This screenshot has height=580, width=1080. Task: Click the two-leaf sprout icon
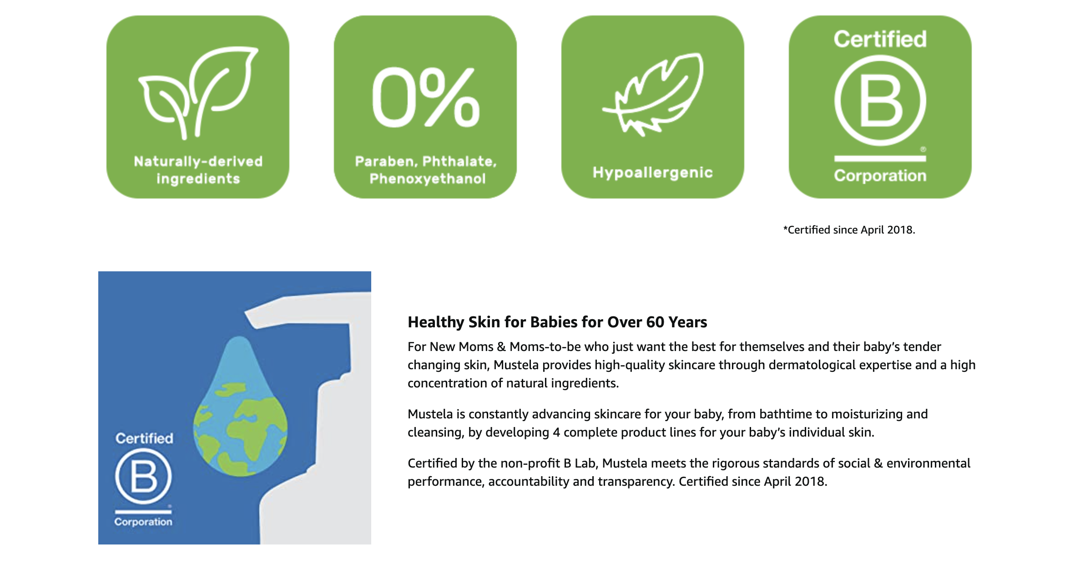pos(198,92)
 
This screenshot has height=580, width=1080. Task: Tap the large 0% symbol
pos(426,97)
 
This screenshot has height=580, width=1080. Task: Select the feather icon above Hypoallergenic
pos(653,95)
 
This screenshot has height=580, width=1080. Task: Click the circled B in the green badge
pos(880,101)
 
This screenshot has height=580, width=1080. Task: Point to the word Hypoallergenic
pos(653,173)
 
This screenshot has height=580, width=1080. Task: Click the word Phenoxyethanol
pos(428,179)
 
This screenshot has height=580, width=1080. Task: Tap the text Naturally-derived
pos(198,161)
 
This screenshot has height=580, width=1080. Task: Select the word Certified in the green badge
pos(880,39)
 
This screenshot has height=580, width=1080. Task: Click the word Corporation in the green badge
pos(880,176)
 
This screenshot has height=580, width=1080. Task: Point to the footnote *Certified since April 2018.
pos(849,230)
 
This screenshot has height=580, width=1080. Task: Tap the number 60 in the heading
pos(655,322)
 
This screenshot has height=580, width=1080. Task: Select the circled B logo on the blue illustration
pos(143,476)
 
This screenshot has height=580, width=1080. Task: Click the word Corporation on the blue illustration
pos(143,522)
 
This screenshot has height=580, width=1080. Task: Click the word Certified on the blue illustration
pos(144,438)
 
